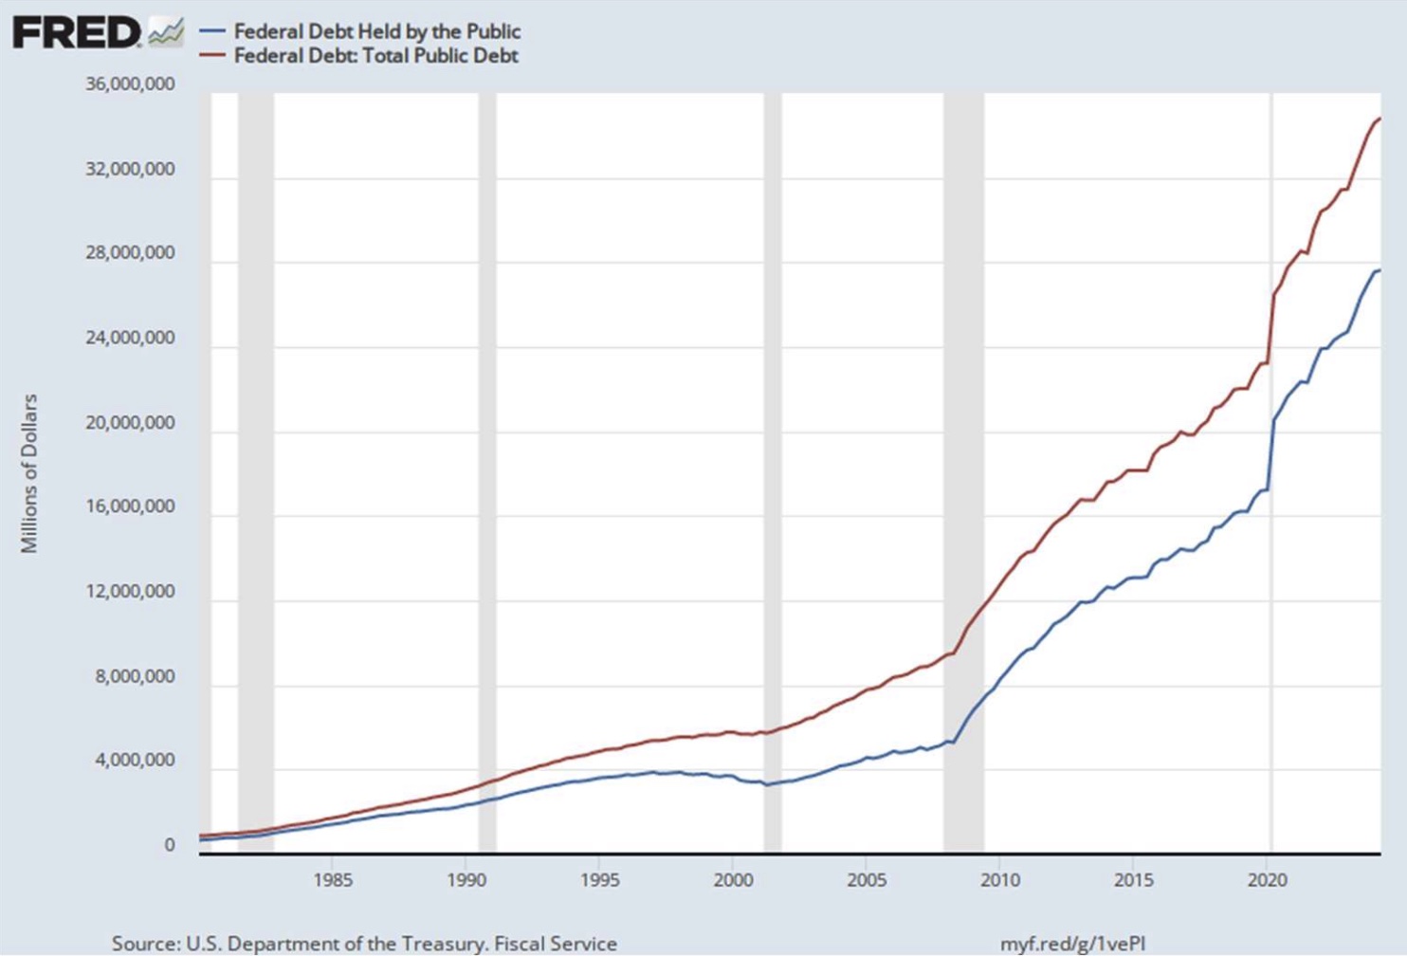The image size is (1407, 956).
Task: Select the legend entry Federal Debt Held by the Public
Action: coord(376,31)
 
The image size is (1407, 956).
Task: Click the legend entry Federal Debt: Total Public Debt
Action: coord(375,56)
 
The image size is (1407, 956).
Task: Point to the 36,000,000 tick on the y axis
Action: coord(130,84)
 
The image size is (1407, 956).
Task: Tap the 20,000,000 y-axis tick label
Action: coord(130,423)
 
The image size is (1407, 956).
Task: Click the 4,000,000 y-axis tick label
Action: coord(134,761)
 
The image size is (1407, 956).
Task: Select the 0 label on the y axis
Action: coord(170,845)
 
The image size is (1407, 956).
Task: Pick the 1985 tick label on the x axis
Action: coord(333,880)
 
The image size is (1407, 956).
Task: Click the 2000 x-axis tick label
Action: coord(733,880)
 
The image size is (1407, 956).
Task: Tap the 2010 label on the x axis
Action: coord(1000,880)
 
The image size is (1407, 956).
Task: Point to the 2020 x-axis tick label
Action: coord(1267,880)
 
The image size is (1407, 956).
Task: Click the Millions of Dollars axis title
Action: coord(29,473)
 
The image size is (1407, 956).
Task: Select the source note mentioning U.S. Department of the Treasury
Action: coord(364,944)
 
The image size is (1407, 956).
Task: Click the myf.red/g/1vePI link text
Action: coord(1072,944)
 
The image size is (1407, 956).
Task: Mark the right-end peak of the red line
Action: coord(1379,119)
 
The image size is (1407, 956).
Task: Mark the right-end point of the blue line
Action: coord(1379,270)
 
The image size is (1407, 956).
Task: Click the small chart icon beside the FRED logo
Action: coord(166,32)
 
